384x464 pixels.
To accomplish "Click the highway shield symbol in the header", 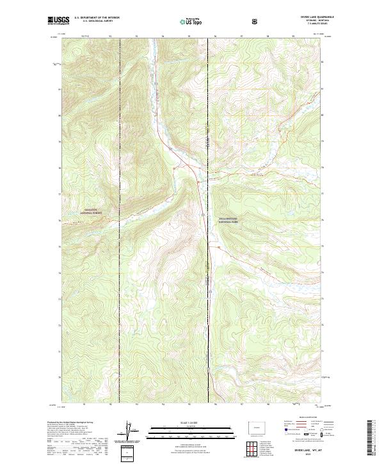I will [256, 21].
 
